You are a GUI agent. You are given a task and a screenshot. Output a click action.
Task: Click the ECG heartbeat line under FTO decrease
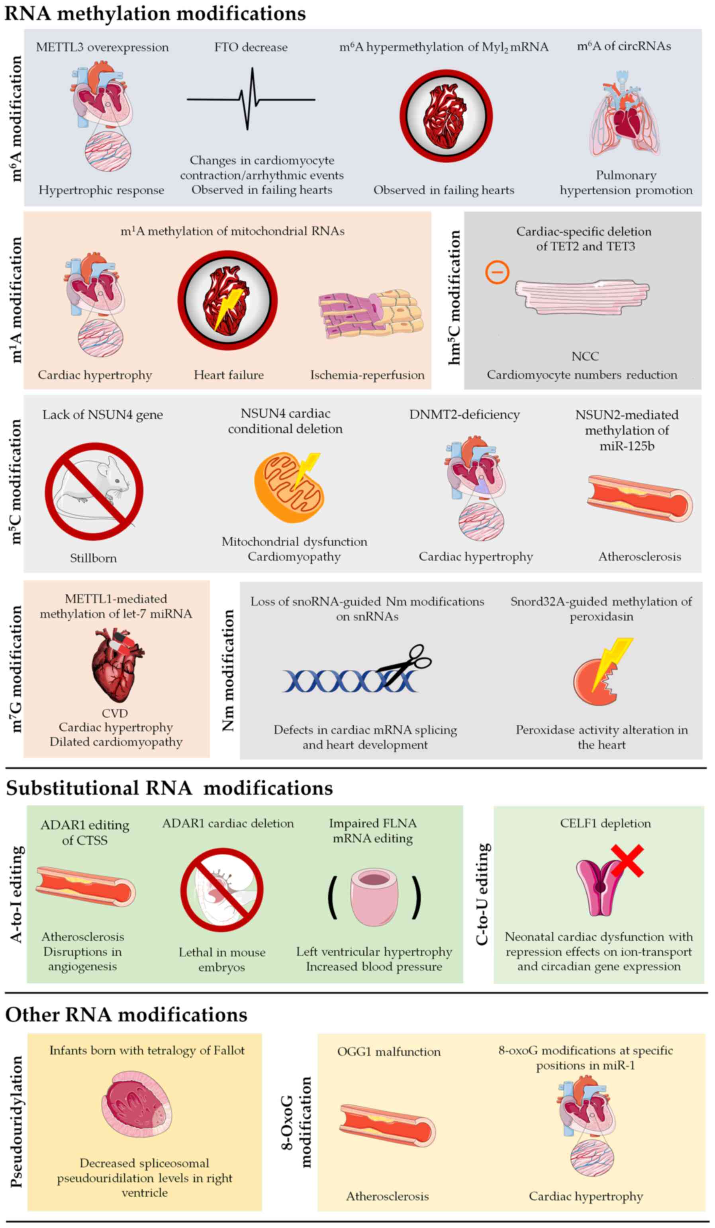point(251,100)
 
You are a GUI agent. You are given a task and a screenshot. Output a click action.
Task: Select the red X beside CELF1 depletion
point(627,860)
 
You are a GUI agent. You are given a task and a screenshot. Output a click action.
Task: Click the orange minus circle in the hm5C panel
point(497,272)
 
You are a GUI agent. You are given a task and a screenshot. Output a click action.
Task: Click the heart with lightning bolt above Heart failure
point(227,300)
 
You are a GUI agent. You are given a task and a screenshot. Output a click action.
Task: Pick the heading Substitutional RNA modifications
point(169,788)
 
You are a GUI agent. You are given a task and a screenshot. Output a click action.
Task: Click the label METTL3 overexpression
point(102,47)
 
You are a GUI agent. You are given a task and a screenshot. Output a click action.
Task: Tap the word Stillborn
point(93,558)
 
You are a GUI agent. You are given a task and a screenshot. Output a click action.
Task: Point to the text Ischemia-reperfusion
point(367,375)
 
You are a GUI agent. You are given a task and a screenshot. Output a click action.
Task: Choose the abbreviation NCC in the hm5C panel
point(585,356)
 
